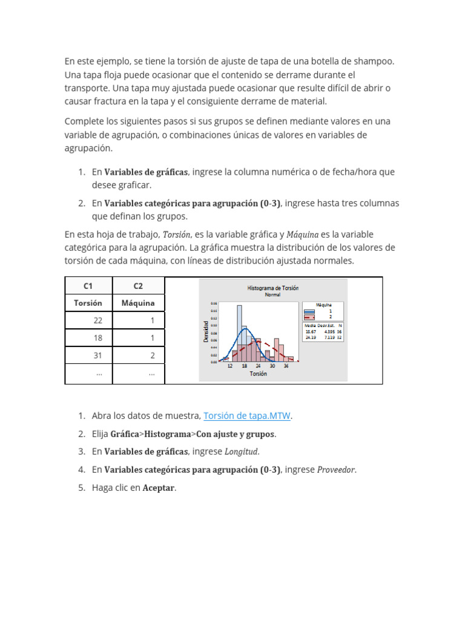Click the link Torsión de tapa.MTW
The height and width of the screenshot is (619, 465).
247,416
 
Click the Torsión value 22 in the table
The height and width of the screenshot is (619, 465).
97,321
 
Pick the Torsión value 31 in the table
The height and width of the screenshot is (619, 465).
97,356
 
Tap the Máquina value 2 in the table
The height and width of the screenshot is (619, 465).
152,356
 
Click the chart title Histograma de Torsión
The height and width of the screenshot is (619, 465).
272,288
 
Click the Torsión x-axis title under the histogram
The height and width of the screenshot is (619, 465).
258,374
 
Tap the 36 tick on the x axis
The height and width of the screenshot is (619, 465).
286,366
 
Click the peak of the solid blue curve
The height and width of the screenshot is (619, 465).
245,329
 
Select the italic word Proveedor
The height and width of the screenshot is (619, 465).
337,470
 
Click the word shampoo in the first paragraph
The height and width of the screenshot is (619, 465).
375,62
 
